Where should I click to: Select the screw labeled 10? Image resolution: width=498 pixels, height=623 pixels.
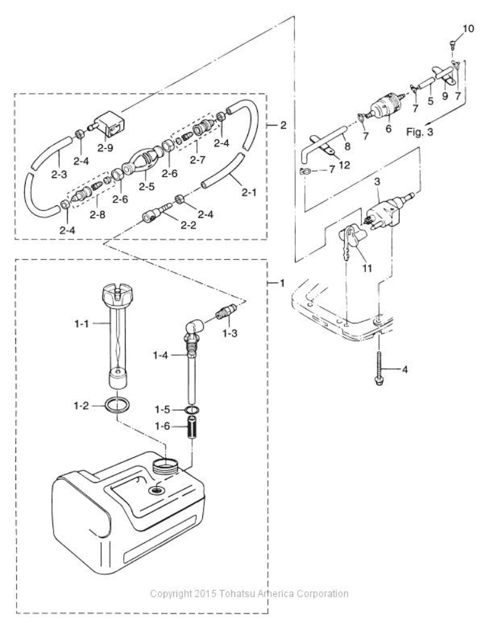[x=450, y=43]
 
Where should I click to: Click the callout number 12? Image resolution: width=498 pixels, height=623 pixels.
[x=343, y=165]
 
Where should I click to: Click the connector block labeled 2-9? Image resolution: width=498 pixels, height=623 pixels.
[x=111, y=124]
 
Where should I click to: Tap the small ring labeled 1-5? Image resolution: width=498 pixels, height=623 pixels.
[x=191, y=411]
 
